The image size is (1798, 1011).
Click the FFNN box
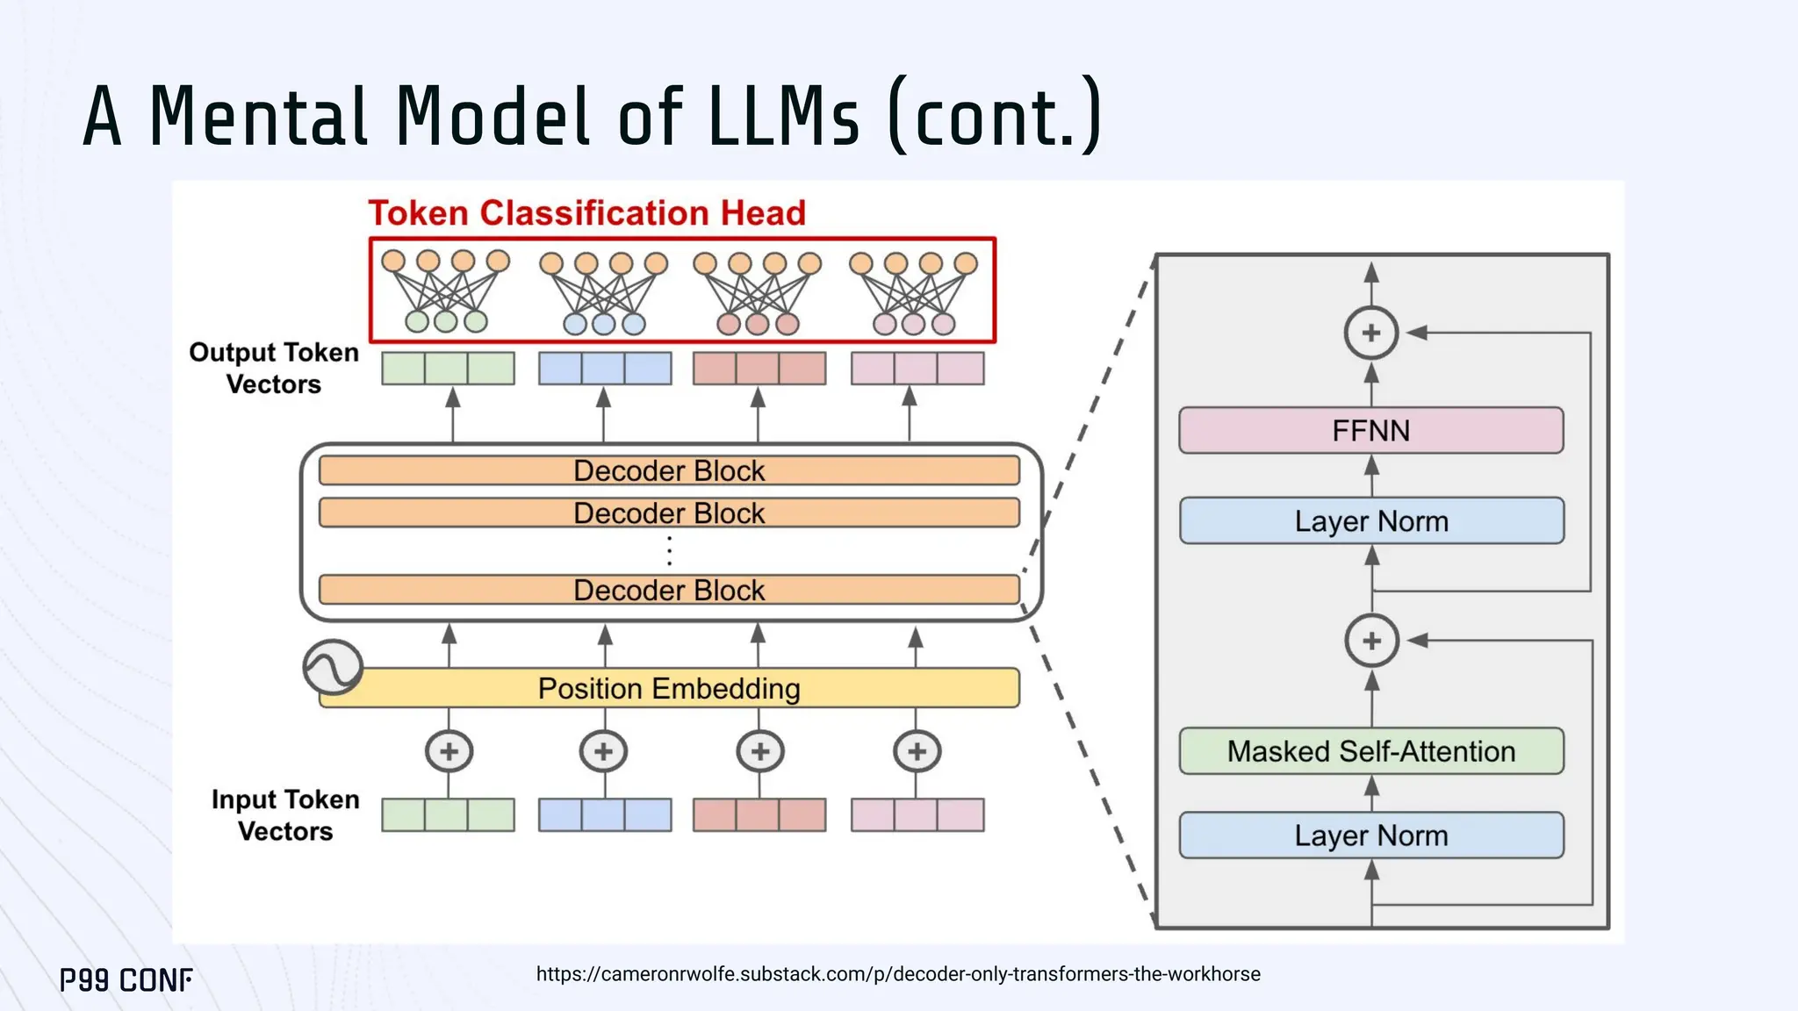coord(1370,430)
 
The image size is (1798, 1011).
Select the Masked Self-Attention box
coord(1370,751)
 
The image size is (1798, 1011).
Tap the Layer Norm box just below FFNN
coord(1370,520)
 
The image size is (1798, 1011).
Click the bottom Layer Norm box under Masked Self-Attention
coord(1370,835)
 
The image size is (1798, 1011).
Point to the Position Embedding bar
coord(669,688)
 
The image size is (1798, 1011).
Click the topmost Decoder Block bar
coord(669,470)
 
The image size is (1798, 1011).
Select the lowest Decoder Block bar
coord(669,590)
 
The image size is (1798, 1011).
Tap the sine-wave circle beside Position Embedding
coord(333,667)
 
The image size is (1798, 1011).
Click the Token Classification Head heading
coord(586,213)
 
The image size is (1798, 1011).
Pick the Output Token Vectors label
coord(274,368)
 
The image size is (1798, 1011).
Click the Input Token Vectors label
coord(285,814)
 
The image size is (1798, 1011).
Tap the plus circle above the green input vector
coord(449,751)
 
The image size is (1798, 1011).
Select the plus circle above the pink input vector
coord(917,751)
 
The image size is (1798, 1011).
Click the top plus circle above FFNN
coord(1370,333)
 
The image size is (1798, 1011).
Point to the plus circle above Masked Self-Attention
coord(1371,641)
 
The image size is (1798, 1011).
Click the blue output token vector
coord(604,369)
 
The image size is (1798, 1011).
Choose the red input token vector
coord(759,814)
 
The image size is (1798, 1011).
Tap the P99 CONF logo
coord(126,979)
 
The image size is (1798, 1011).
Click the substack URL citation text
coord(897,974)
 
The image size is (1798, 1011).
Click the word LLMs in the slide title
coord(783,116)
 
